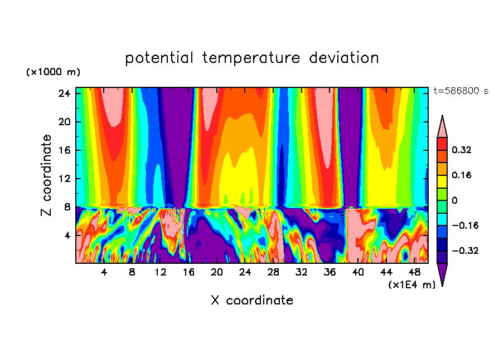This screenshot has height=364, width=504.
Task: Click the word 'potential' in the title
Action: pos(160,58)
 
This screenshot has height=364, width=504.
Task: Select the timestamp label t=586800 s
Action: pos(461,91)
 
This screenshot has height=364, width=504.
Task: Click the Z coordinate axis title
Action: pos(47,175)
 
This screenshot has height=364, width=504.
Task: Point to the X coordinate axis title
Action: pos(252,301)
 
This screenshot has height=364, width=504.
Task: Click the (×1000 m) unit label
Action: pos(53,72)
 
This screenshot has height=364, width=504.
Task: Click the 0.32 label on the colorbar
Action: pos(462,150)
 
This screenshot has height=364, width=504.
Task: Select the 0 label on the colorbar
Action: pos(455,200)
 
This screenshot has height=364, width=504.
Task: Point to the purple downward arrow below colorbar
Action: pos(442,274)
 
